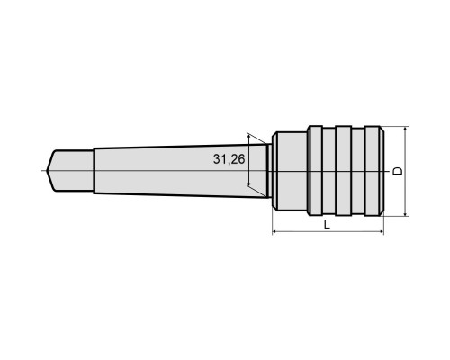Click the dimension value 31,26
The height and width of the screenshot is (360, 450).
point(229,159)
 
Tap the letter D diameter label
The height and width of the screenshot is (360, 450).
point(398,171)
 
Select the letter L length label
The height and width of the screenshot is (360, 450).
point(327,224)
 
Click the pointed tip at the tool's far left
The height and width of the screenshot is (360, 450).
point(47,171)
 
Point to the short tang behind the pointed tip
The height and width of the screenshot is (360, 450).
point(70,171)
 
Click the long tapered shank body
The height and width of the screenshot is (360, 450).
point(180,171)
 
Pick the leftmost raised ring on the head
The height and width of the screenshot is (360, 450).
point(315,171)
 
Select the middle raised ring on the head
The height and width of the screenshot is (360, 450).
point(344,171)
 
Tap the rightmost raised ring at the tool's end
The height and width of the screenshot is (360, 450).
point(374,171)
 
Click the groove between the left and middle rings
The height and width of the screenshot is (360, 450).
point(329,171)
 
